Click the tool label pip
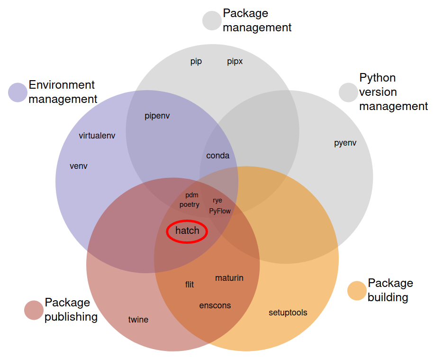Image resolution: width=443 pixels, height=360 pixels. [x=196, y=61]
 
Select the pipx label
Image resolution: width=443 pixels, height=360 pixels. [x=235, y=61]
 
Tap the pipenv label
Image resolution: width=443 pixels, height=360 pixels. [x=157, y=116]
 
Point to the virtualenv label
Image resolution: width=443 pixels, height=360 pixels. [x=97, y=136]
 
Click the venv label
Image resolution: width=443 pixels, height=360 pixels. [x=79, y=166]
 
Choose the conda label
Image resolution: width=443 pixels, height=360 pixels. [x=218, y=156]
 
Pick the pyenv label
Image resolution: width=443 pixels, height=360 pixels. [x=345, y=143]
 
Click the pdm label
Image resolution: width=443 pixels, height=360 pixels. [x=192, y=195]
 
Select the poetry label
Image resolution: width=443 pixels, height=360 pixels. [x=190, y=204]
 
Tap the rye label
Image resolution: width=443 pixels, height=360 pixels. [x=217, y=200]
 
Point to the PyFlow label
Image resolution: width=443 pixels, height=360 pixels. [x=220, y=211]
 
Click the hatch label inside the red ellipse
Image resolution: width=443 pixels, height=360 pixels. [x=187, y=231]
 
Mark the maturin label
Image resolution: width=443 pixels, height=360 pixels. [x=229, y=277]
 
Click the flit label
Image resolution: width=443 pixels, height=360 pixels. [x=190, y=285]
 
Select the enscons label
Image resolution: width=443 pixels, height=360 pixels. [x=215, y=305]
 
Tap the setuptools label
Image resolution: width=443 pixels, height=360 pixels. [x=288, y=313]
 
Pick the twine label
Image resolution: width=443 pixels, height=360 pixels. [x=138, y=320]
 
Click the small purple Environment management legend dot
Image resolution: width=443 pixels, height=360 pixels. [x=18, y=92]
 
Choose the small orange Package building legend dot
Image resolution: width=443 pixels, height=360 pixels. [x=357, y=291]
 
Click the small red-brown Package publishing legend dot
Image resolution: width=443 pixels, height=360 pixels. [x=34, y=310]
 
